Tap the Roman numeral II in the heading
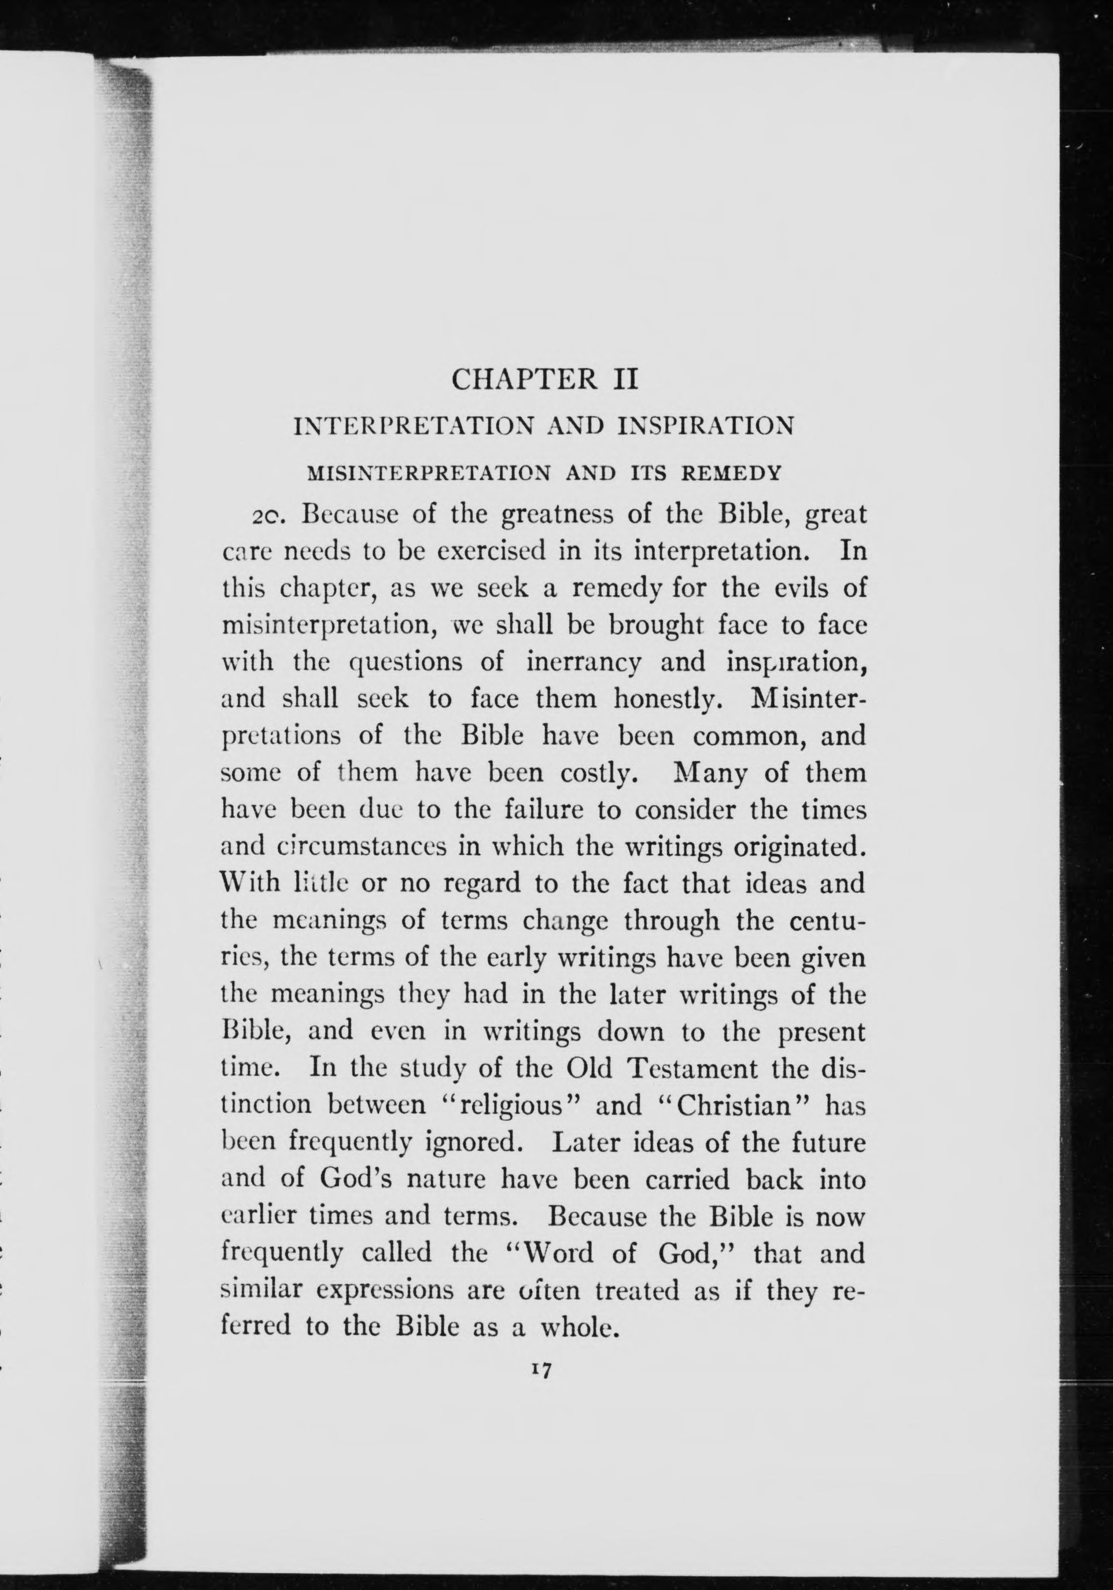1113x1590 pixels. (621, 379)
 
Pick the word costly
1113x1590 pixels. (597, 773)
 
